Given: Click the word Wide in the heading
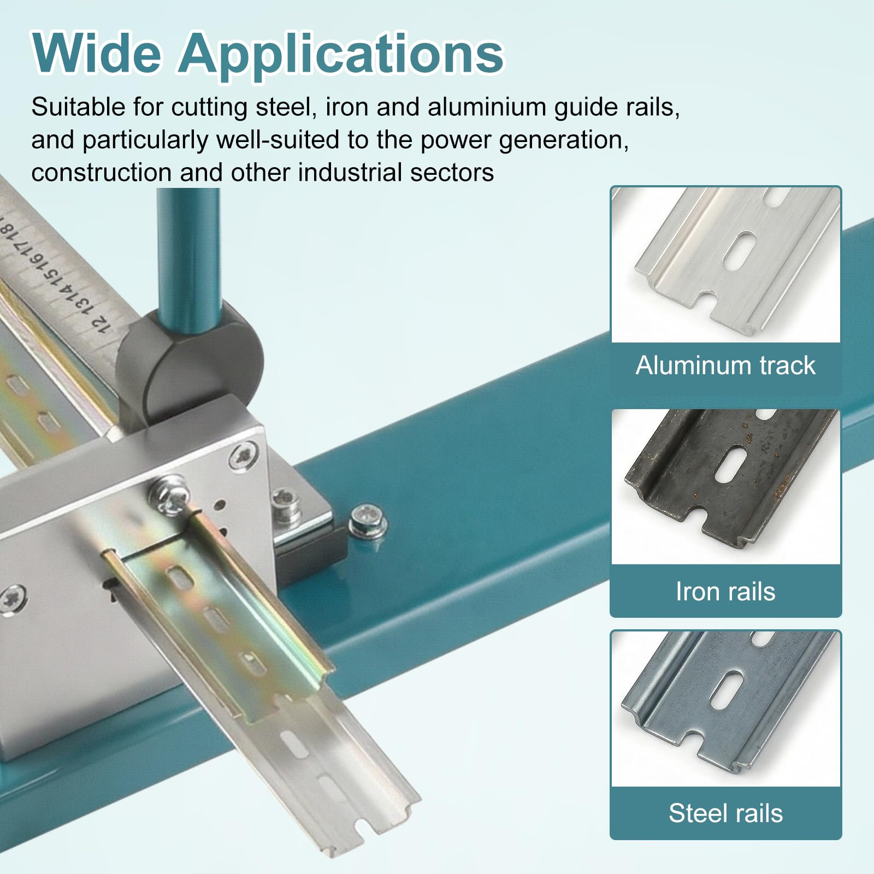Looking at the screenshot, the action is [x=97, y=53].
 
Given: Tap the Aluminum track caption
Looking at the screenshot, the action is [x=725, y=365].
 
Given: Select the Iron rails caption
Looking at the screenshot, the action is [x=725, y=591].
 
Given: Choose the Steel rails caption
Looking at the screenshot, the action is [x=725, y=813].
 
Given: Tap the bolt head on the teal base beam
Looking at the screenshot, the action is [x=367, y=519].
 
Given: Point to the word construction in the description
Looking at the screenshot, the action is [x=101, y=173].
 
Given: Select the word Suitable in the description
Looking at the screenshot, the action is [x=78, y=107].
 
